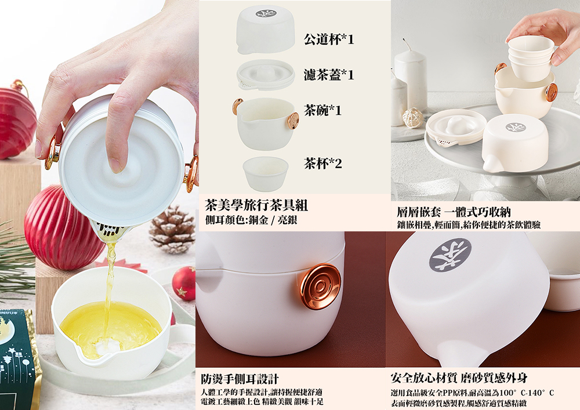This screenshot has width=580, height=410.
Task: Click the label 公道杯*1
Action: click(x=329, y=39)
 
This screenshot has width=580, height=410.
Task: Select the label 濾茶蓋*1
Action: click(x=329, y=75)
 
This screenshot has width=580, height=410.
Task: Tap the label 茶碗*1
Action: click(x=322, y=110)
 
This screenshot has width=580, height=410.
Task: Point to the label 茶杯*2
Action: click(x=322, y=163)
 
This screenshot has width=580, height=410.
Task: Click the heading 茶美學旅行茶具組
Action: click(x=256, y=205)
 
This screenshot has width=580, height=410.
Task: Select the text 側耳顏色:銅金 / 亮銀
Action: click(x=251, y=220)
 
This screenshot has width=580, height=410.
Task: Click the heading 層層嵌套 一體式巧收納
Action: click(x=454, y=212)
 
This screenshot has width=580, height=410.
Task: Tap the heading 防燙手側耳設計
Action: click(x=240, y=379)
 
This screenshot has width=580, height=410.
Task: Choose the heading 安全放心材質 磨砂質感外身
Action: click(x=459, y=378)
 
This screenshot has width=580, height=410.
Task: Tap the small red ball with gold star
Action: click(x=184, y=283)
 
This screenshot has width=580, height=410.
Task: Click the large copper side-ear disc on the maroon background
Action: click(x=320, y=286)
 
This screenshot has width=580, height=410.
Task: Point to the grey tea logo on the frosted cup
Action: click(x=450, y=255)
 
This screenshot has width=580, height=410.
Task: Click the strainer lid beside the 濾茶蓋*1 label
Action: click(x=266, y=75)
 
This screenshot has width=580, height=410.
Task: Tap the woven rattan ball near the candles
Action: click(x=412, y=118)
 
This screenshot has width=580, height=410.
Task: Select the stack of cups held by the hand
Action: click(x=531, y=58)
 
